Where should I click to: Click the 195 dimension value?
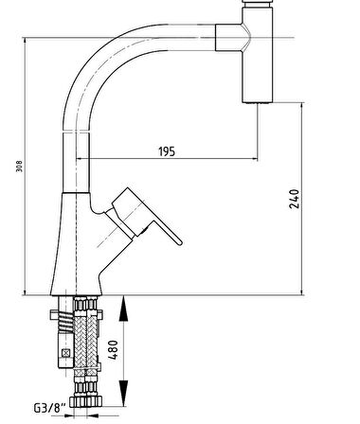[167, 151]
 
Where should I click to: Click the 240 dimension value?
[294, 199]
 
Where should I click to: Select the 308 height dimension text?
[19, 167]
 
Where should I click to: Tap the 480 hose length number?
[113, 349]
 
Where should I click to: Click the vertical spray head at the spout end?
[257, 55]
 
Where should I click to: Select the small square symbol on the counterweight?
[66, 353]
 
